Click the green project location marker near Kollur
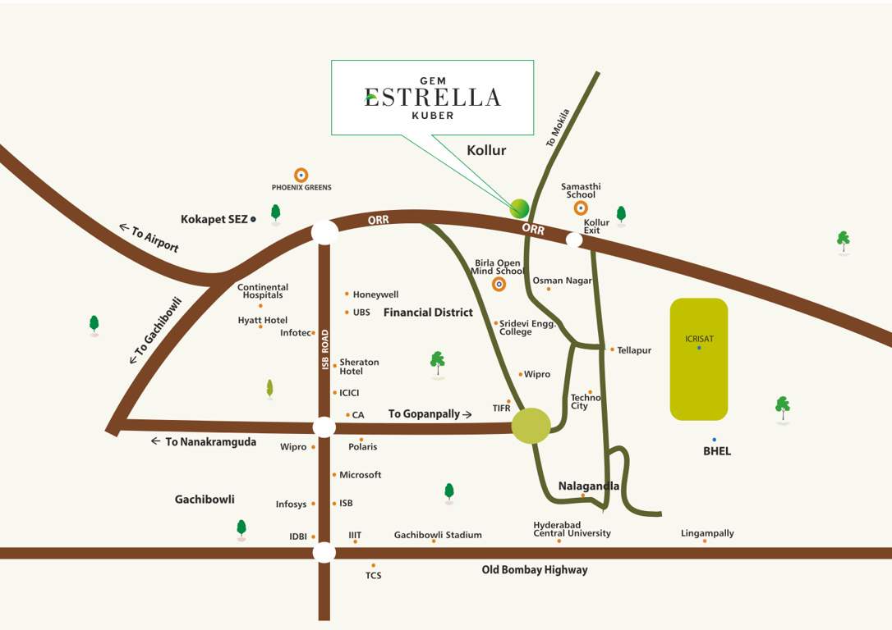pos(519,208)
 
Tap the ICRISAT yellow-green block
pos(698,358)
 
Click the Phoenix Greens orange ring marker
pos(301,175)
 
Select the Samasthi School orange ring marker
pos(581,208)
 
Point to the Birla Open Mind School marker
pos(499,285)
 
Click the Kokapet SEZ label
pos(214,219)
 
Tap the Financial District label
pos(428,313)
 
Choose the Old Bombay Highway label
pos(534,569)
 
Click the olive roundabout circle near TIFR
pos(531,426)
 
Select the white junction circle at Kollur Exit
pos(574,240)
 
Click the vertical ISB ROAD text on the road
pos(325,349)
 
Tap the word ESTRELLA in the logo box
pos(433,98)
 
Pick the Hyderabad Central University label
pos(572,529)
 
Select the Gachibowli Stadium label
pos(438,535)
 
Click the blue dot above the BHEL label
pos(715,440)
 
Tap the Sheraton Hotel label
pos(359,367)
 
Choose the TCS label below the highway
pos(373,575)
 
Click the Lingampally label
pos(707,533)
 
